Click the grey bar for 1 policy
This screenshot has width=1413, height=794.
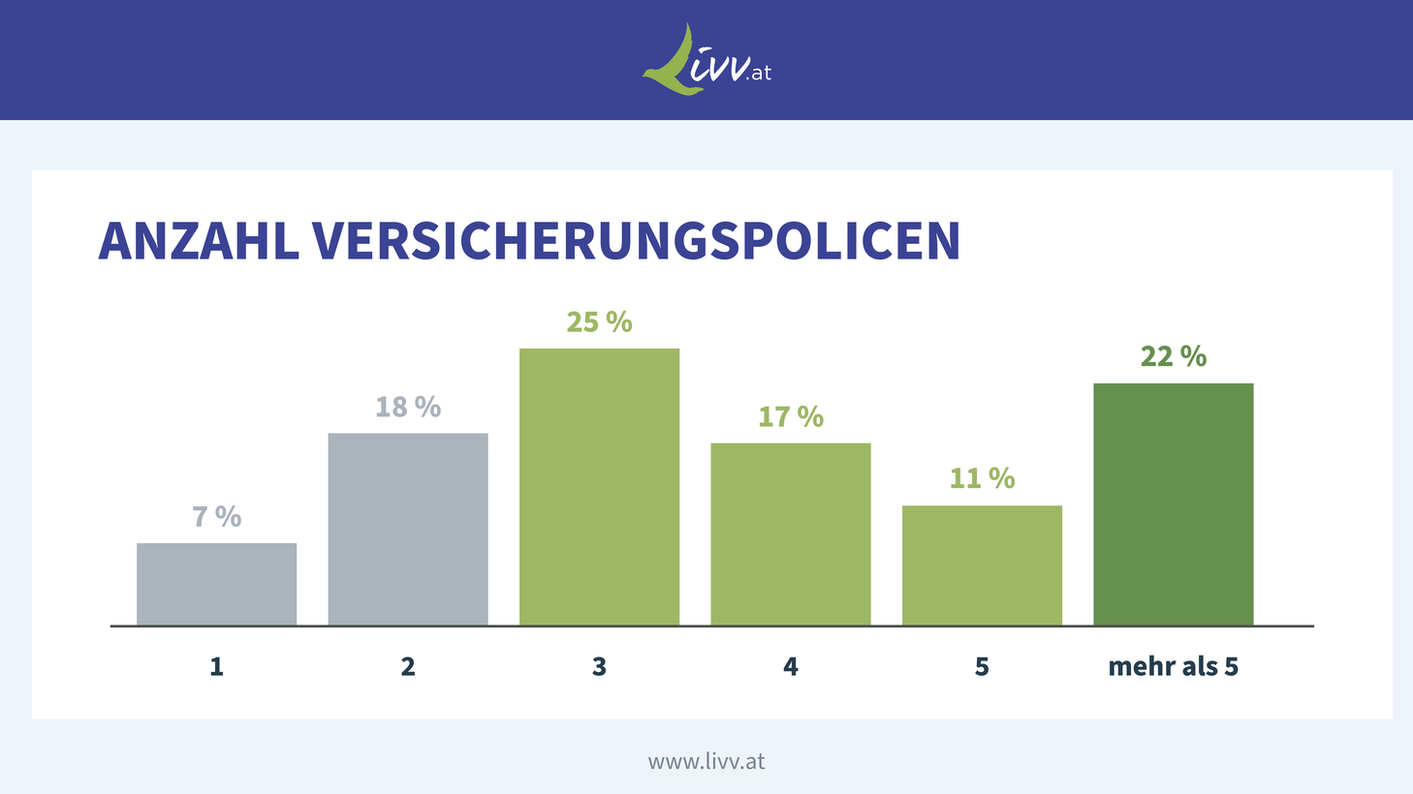click(216, 584)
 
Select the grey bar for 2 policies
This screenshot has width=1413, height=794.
click(408, 529)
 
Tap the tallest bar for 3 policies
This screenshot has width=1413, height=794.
click(599, 486)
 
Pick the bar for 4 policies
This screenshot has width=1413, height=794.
click(791, 534)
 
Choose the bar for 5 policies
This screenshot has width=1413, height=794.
click(982, 565)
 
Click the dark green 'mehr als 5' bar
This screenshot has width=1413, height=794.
click(1174, 504)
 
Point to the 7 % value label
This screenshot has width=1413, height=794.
click(216, 517)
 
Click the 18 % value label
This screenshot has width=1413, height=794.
click(408, 407)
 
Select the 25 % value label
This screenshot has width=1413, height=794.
click(599, 321)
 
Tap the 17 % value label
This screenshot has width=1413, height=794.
click(791, 416)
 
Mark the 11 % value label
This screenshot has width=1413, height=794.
click(982, 478)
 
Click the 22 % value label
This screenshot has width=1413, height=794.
click(1174, 356)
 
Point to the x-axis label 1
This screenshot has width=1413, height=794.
click(216, 666)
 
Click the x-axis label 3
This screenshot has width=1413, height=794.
click(599, 666)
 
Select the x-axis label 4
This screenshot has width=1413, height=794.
click(791, 666)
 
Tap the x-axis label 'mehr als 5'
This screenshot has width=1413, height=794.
click(1174, 666)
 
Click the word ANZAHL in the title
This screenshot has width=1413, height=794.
click(199, 241)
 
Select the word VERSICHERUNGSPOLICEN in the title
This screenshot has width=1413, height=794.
click(636, 241)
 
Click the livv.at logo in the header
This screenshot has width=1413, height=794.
click(706, 61)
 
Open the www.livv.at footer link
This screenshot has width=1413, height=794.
click(706, 761)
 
